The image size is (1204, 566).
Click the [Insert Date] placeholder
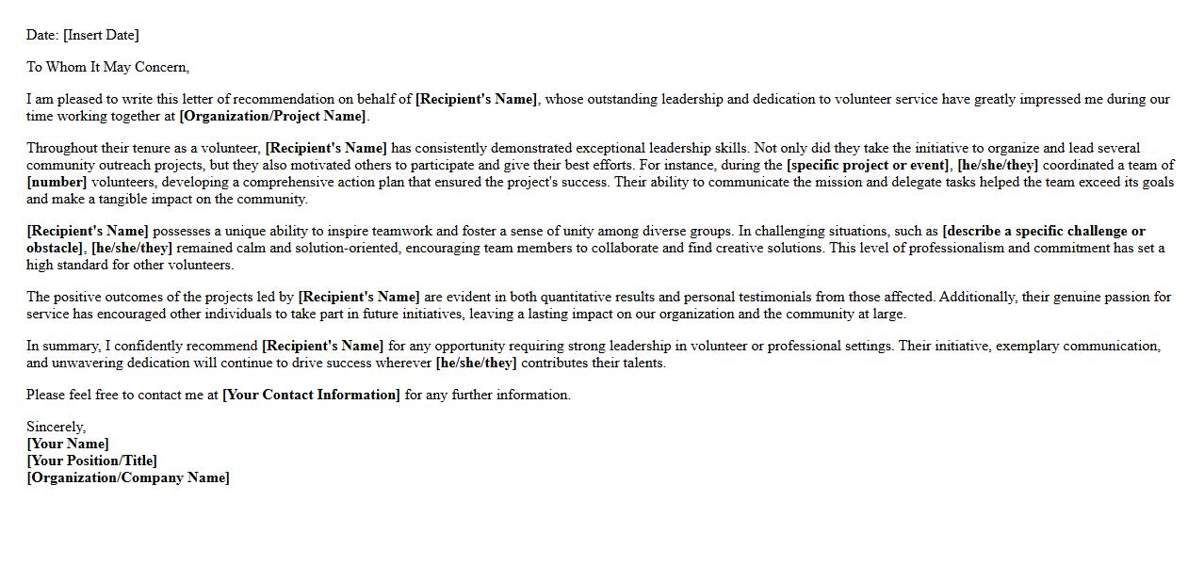(101, 36)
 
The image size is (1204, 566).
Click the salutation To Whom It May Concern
(107, 68)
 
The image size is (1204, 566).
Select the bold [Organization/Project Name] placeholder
(272, 117)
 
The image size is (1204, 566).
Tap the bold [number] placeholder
(57, 183)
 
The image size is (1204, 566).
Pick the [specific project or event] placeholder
(868, 166)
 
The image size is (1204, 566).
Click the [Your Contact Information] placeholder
(311, 396)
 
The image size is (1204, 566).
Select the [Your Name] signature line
(68, 445)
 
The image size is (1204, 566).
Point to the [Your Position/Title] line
(91, 461)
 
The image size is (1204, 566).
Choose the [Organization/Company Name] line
(128, 478)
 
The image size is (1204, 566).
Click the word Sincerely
(56, 428)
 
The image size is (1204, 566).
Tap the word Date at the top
(41, 36)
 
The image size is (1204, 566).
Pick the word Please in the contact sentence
(47, 396)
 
